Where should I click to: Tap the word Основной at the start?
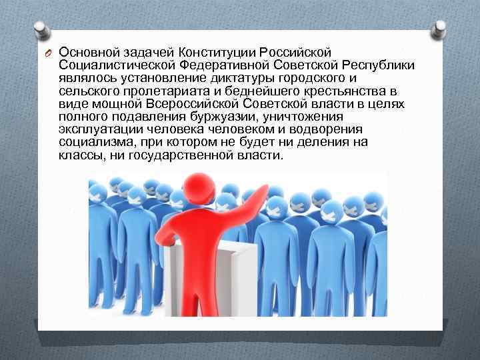(83, 52)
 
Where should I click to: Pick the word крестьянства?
(357, 91)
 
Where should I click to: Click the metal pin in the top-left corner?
(40, 30)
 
